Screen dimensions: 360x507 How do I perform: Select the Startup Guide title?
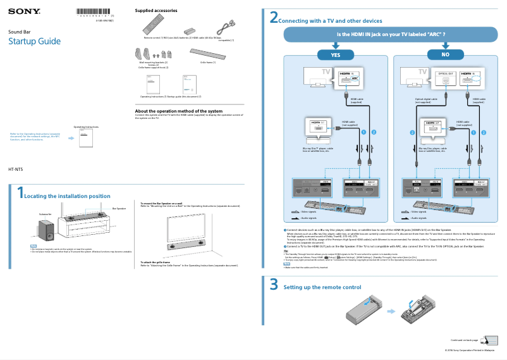coord(34,42)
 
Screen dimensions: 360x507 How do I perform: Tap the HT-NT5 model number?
coord(15,170)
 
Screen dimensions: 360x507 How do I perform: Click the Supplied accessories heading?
coord(156,11)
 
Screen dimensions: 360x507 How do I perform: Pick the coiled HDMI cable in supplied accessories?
coord(226,28)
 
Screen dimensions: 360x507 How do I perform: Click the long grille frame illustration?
coord(207,55)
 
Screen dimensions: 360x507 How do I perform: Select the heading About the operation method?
coord(179,111)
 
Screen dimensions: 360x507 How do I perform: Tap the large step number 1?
coord(20,194)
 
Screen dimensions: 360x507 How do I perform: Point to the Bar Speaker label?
coord(119,208)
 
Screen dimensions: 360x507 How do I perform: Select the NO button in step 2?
coord(445,55)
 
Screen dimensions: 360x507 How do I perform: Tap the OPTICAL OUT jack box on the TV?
coord(446,78)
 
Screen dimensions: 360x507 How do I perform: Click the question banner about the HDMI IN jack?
coord(391,34)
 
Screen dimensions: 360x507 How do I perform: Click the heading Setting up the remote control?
coord(322,287)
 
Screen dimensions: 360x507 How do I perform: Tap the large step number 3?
coord(274,285)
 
